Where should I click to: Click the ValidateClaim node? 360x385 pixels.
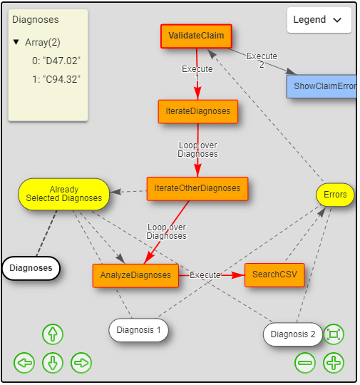click(x=196, y=36)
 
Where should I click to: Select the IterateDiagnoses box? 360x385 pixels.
click(x=197, y=111)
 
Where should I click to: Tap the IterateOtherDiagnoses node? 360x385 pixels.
click(x=197, y=188)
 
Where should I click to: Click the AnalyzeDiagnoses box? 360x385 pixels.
click(x=135, y=275)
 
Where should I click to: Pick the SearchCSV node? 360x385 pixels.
click(x=274, y=274)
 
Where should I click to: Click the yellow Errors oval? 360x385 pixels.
click(x=335, y=195)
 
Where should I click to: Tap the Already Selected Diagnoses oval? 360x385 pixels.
click(x=64, y=194)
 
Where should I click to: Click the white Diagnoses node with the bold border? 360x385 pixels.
click(x=31, y=268)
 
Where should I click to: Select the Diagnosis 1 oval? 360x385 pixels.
click(x=143, y=330)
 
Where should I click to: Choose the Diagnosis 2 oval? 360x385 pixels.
click(x=292, y=334)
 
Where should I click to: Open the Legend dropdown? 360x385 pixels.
click(x=319, y=20)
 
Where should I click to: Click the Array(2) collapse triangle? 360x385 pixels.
click(x=16, y=43)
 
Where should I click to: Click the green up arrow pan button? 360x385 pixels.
click(x=53, y=334)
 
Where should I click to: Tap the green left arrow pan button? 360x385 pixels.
click(x=24, y=363)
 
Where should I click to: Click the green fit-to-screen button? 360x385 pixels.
click(x=334, y=334)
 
